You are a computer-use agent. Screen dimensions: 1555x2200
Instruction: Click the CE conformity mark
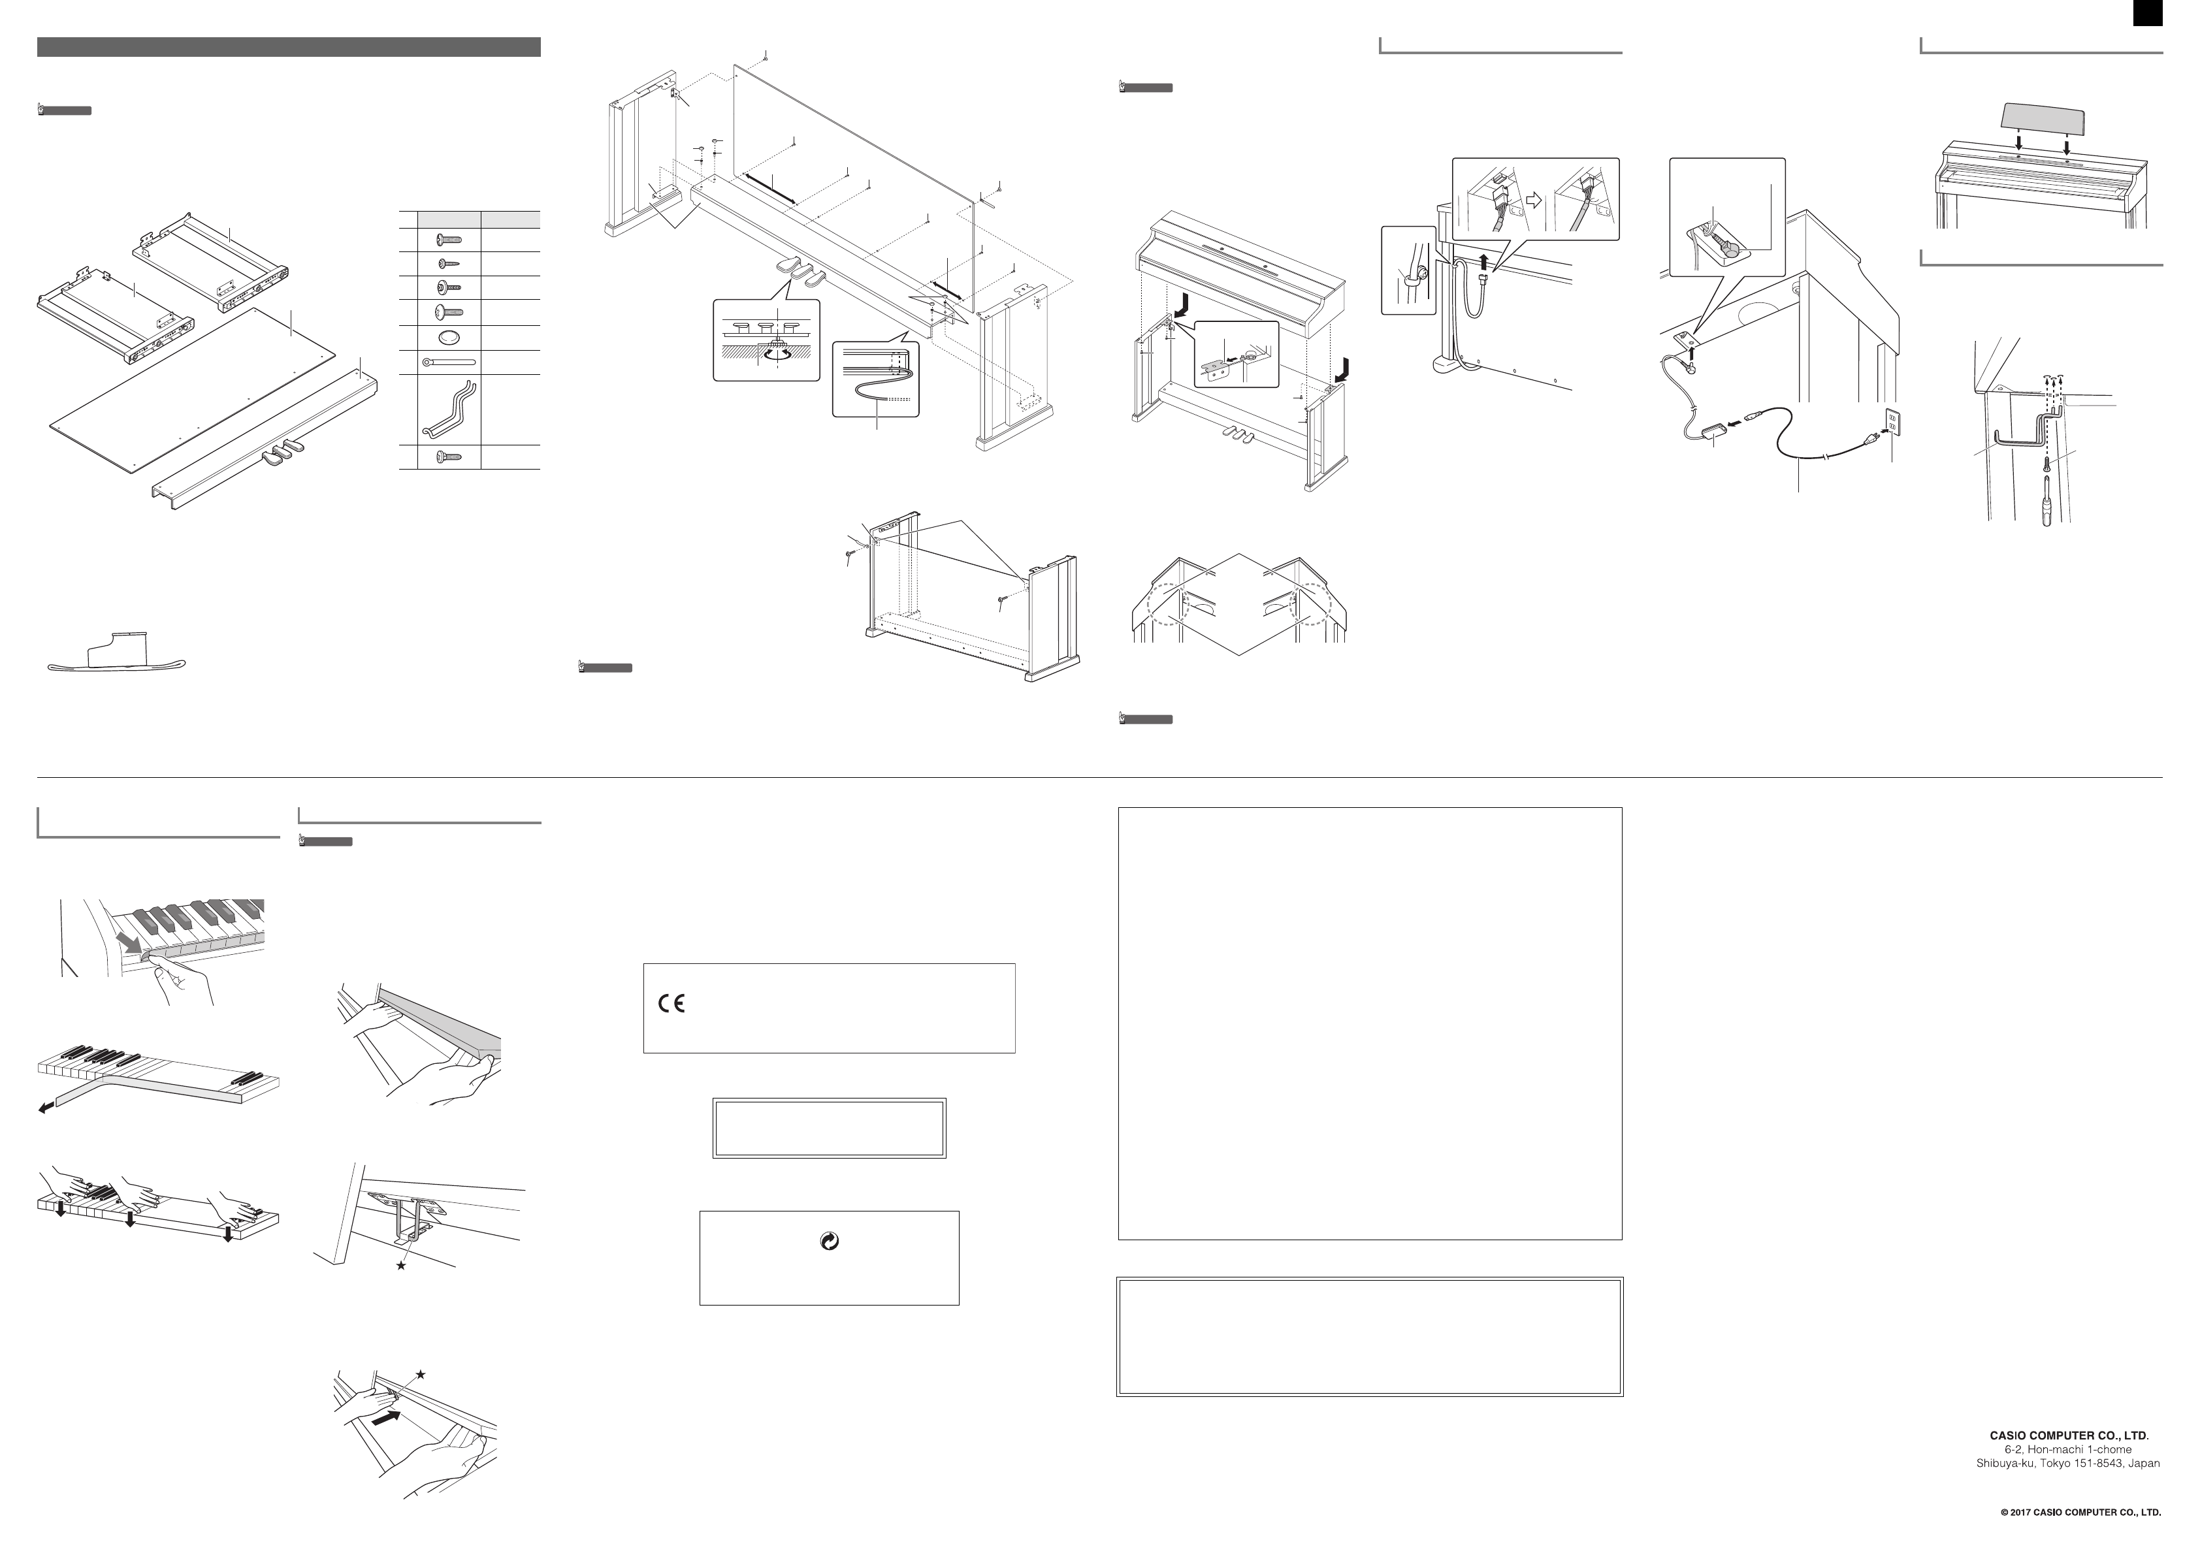[671, 1004]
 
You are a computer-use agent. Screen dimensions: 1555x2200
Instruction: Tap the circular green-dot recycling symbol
[830, 1242]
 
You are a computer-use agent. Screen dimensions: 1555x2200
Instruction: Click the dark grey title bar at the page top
[289, 47]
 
